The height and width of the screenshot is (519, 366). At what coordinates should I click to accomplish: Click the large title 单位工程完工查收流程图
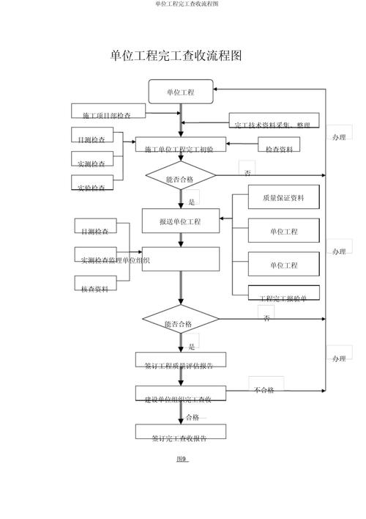[x=176, y=56]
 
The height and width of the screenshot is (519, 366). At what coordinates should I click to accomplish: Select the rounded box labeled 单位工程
[x=181, y=92]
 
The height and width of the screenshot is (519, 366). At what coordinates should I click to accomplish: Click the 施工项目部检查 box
[x=108, y=112]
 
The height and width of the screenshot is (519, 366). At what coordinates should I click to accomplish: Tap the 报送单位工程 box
[x=180, y=221]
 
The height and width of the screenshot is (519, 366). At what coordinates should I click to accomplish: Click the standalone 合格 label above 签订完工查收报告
[x=193, y=418]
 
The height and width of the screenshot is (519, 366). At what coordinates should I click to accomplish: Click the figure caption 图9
[x=182, y=460]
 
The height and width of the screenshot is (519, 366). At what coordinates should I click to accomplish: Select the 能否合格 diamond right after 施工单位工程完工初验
[x=180, y=177]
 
